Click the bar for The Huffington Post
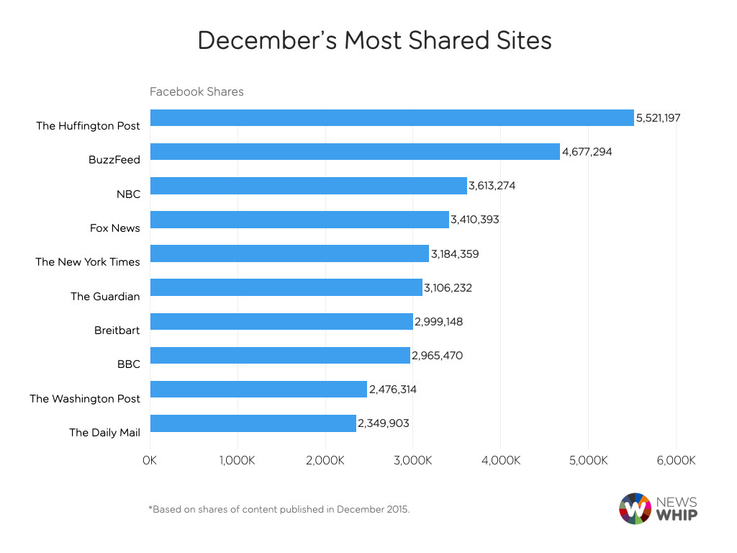click(392, 118)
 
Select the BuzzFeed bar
click(354, 152)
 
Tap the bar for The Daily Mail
click(253, 423)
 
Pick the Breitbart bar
click(281, 322)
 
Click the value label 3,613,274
click(492, 186)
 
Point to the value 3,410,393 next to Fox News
click(475, 220)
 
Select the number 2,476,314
click(393, 390)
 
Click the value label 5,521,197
click(658, 117)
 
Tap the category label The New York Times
click(88, 262)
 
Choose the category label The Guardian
click(105, 296)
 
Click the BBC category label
click(128, 364)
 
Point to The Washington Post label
click(85, 398)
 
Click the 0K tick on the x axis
click(150, 460)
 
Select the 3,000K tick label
click(412, 460)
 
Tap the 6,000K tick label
click(675, 460)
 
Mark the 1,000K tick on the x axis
click(237, 460)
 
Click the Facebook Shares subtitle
click(196, 91)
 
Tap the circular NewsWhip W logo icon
click(634, 508)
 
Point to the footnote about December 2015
click(279, 509)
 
